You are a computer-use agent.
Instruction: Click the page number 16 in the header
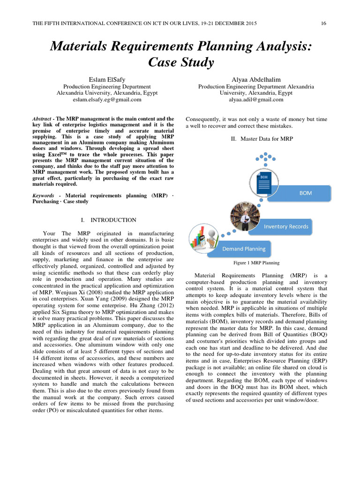pyautogui.click(x=323, y=23)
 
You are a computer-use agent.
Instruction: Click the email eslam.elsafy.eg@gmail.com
pyautogui.click(x=107, y=99)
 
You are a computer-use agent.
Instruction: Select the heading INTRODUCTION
pyautogui.click(x=113, y=219)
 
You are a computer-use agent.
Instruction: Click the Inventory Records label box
pyautogui.click(x=286, y=226)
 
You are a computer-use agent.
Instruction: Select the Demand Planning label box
pyautogui.click(x=243, y=248)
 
